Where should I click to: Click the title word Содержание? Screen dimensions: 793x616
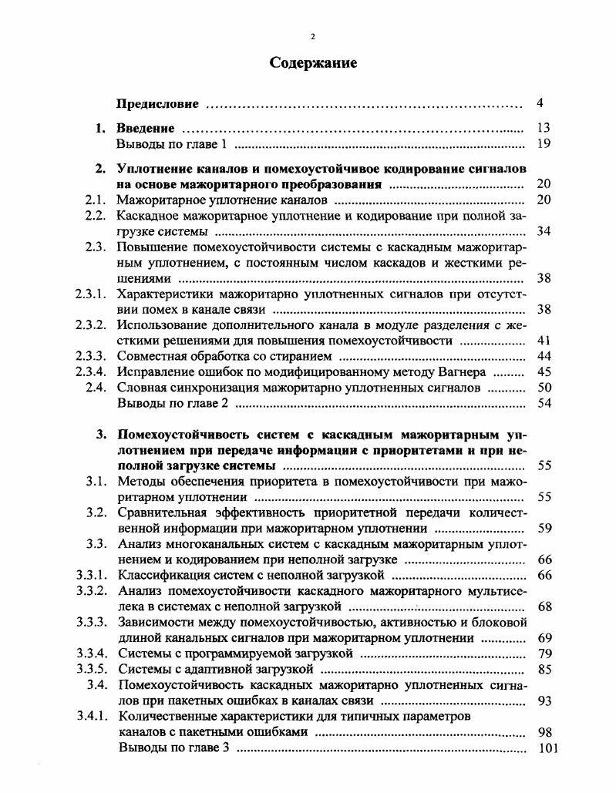coord(313,64)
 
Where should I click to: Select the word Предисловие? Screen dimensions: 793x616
coord(157,103)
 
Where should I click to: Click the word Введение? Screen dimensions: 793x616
coord(145,128)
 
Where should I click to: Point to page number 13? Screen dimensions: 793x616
coord(543,128)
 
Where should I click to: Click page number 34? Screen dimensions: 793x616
coord(543,231)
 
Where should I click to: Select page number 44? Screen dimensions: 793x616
coord(543,356)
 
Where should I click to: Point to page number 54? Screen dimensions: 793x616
coord(543,403)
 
